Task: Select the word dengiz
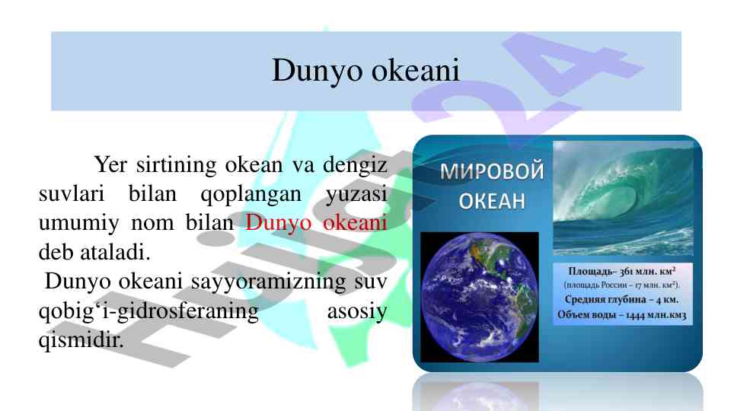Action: [x=355, y=166]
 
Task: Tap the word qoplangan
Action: [x=251, y=195]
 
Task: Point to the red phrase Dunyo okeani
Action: [x=316, y=223]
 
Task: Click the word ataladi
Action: [x=115, y=252]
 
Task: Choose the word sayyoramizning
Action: [x=268, y=282]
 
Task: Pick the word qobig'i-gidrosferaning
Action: [x=148, y=311]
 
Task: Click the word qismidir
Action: [x=81, y=340]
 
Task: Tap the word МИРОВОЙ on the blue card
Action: [x=492, y=171]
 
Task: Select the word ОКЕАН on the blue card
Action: [x=492, y=201]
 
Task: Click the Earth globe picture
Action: [x=479, y=297]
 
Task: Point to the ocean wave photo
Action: [x=623, y=198]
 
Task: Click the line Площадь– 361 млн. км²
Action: [x=622, y=271]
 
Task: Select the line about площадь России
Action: [x=622, y=285]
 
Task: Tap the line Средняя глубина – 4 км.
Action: [x=621, y=299]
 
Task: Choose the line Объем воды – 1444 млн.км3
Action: [x=622, y=315]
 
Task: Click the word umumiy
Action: [x=78, y=224]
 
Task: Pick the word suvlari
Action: [x=72, y=194]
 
